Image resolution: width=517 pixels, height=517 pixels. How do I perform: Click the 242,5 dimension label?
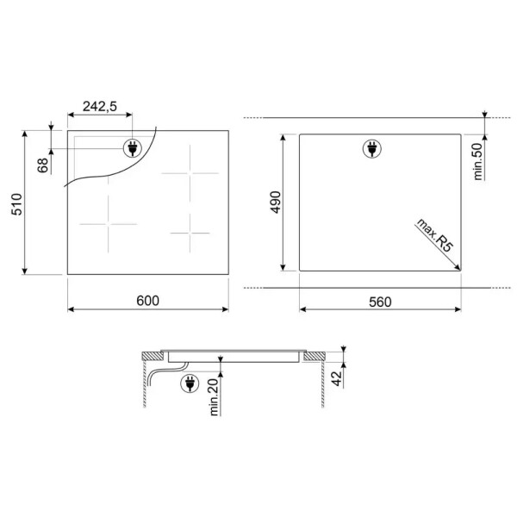(100, 107)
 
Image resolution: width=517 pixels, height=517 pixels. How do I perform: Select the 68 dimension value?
(43, 165)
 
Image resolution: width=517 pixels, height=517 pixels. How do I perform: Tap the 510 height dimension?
(17, 204)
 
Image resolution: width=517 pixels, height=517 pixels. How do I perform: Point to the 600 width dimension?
(147, 301)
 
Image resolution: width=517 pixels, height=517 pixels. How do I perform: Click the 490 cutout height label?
(276, 202)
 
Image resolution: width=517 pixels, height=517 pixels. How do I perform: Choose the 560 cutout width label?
(380, 302)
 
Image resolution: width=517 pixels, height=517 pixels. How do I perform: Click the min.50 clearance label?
(477, 161)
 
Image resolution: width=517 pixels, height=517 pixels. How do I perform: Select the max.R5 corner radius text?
(434, 235)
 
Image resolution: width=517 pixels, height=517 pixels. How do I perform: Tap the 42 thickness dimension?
(337, 378)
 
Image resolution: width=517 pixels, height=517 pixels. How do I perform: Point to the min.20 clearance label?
(215, 397)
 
